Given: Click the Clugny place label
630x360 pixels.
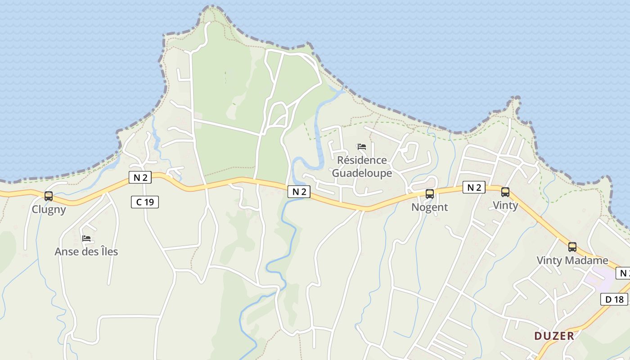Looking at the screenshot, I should click(49, 209).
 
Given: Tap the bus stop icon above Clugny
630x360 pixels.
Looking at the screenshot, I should click(49, 196).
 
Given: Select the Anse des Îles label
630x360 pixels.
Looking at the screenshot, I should click(86, 252).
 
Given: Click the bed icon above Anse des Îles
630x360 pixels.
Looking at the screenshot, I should click(86, 238).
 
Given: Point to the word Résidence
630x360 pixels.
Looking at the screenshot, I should click(362, 160).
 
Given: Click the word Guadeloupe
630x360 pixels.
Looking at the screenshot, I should click(362, 173).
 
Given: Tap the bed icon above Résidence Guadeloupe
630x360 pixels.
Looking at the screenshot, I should click(362, 147).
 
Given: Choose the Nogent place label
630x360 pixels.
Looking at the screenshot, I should click(430, 207).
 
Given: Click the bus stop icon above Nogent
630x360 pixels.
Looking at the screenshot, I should click(430, 194).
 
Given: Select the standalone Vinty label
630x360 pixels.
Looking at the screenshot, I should click(505, 206).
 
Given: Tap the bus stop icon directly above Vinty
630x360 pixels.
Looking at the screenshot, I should click(505, 192).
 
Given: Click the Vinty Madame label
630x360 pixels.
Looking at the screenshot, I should click(572, 261).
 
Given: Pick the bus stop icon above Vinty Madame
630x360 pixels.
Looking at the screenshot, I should click(572, 247).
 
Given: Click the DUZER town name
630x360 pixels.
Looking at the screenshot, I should click(554, 336).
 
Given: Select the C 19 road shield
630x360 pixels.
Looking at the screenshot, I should click(145, 202).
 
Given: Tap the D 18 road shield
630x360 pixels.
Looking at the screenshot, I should click(614, 299).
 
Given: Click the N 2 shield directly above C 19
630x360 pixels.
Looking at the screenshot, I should click(140, 177).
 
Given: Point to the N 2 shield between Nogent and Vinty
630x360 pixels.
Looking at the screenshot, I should click(474, 188).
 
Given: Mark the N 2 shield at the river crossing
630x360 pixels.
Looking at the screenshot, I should click(299, 192).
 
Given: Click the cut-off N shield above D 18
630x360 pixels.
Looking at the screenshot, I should click(623, 273).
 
